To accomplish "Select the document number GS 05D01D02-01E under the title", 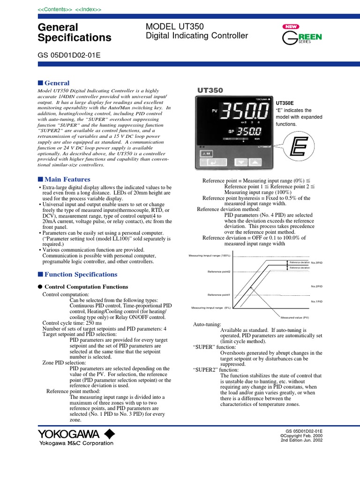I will pyautogui.click(x=68, y=55).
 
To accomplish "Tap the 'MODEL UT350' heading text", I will pyautogui.click(x=175, y=27).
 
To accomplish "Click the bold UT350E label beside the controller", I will pyautogui.click(x=285, y=102).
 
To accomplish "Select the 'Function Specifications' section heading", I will pyautogui.click(x=81, y=274).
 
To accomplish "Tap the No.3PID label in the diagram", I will pyautogui.click(x=317, y=262).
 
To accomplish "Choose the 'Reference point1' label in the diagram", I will pyautogui.click(x=219, y=294).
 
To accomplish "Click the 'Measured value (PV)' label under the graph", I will pyautogui.click(x=294, y=317).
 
